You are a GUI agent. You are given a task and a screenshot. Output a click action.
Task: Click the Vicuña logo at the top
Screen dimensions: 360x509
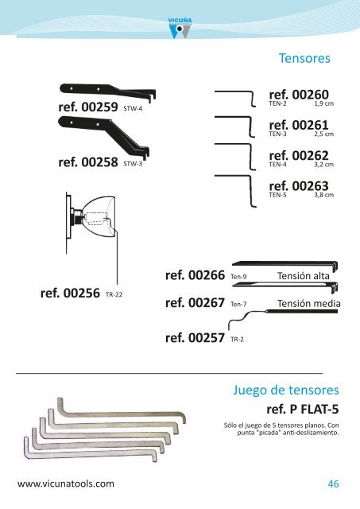180,29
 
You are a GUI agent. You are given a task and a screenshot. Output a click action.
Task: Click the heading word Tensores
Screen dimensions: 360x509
304,58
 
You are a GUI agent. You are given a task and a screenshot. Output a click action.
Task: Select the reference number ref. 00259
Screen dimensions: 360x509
88,107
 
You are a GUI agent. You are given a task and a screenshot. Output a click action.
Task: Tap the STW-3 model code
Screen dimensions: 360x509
133,164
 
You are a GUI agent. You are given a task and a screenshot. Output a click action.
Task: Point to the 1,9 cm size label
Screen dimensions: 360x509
323,103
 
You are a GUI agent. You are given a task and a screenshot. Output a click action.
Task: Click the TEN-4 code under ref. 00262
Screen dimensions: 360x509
277,165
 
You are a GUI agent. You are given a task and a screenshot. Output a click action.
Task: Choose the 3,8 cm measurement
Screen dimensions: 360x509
323,195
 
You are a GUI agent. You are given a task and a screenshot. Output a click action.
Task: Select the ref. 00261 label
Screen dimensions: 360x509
299,125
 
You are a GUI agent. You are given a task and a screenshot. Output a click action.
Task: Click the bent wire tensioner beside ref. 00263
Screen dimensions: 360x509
251,191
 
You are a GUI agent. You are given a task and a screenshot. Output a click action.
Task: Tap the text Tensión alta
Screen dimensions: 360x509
304,276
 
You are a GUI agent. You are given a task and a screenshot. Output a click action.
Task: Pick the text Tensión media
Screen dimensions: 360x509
309,304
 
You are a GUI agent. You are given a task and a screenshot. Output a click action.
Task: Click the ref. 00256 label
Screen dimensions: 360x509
70,293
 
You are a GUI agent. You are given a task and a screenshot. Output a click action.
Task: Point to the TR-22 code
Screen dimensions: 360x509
114,295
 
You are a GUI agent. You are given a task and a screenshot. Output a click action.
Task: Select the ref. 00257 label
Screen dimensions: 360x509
195,338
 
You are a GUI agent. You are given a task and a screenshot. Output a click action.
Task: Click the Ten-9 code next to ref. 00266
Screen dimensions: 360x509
238,277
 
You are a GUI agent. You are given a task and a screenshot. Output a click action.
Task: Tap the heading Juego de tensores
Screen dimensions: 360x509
286,390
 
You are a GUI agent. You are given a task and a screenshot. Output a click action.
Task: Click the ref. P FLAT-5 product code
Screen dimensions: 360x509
303,410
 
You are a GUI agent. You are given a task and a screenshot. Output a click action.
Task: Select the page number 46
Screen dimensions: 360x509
334,484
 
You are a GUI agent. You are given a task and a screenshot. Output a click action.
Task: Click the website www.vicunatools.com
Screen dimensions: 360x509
66,484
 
